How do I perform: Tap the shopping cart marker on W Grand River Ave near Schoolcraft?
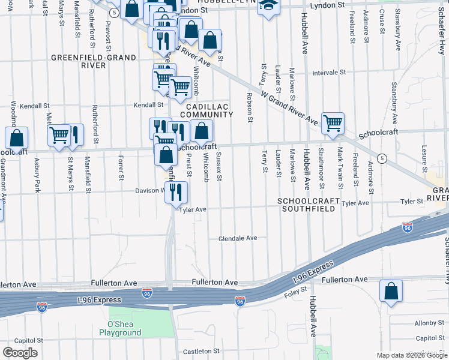[333, 123]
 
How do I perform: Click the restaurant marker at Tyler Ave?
[176, 192]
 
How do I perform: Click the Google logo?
[19, 353]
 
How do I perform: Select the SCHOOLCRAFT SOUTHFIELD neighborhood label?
[309, 205]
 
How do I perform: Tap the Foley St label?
[295, 293]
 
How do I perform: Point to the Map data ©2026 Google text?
[411, 355]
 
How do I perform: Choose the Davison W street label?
[148, 191]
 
